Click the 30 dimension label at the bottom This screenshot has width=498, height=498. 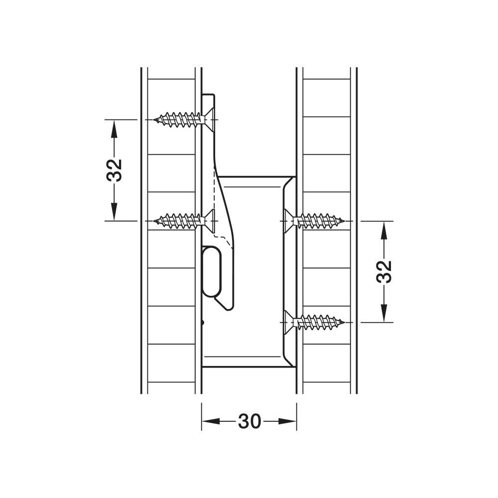point(249,421)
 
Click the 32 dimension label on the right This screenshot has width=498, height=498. point(384,271)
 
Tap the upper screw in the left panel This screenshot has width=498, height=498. point(184,120)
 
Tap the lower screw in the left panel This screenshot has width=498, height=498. point(184,221)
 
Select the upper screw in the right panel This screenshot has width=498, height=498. point(314,221)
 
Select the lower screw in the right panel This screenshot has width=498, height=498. point(314,322)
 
